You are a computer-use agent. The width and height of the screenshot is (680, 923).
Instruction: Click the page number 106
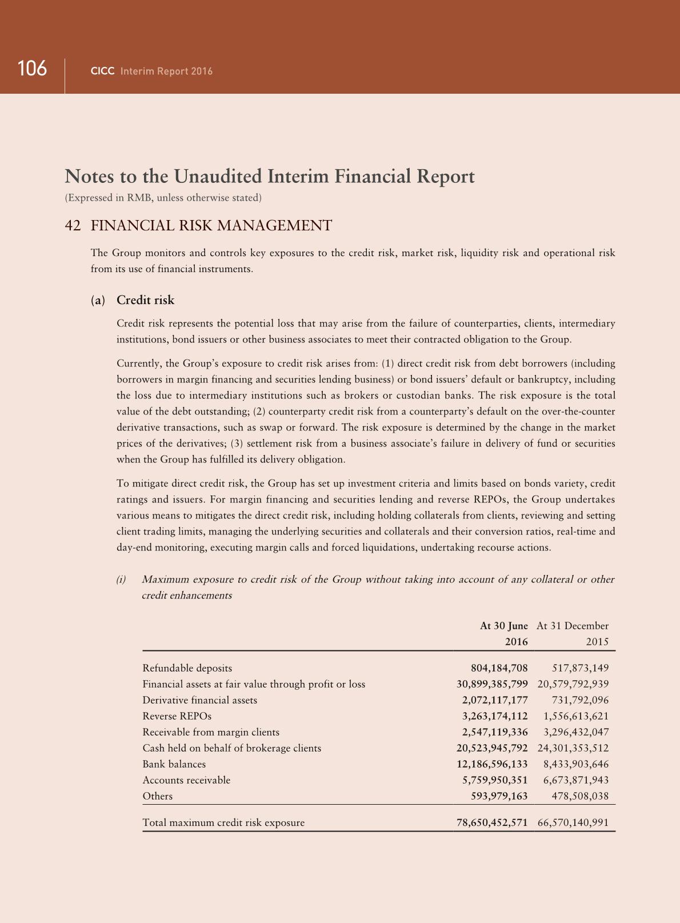pos(32,69)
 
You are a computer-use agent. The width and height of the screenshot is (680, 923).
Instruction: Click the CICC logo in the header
pos(103,71)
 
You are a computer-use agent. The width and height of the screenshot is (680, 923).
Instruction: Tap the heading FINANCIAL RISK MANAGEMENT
pos(211,226)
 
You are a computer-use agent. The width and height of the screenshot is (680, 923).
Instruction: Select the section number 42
pos(73,226)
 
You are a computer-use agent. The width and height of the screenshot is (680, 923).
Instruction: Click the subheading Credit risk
pos(145,301)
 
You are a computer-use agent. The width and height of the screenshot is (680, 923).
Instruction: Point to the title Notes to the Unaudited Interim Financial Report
pos(270,176)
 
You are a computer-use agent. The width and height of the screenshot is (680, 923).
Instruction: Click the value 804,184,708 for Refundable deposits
pos(499,668)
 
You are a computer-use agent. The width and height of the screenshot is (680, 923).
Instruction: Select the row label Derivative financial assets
pos(199,700)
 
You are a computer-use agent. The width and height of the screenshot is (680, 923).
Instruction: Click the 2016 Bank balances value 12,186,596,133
pos(492,764)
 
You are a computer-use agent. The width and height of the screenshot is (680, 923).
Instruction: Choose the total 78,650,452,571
pos(491,823)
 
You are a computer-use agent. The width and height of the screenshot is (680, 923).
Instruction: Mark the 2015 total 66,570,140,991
pos(573,823)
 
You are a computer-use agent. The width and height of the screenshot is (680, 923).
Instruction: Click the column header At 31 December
pos(573,626)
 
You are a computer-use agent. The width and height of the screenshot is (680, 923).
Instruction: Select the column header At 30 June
pos(503,626)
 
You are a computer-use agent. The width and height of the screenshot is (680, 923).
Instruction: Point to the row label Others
pos(157,796)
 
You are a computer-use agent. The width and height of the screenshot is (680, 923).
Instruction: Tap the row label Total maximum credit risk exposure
pos(223,823)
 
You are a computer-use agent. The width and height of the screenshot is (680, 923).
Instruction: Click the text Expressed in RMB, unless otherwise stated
pos(163,198)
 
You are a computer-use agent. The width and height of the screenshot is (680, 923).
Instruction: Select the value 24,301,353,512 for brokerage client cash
pos(573,748)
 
